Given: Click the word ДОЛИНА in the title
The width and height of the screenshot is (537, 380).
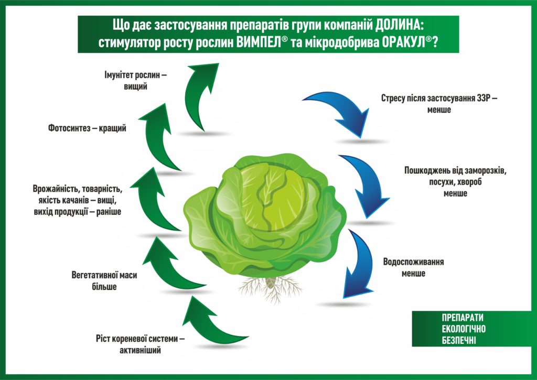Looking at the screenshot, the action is (399, 25).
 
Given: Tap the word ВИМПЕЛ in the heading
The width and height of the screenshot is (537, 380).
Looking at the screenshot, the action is (258, 43).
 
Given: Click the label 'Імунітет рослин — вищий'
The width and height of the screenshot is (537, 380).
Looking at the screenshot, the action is (136, 80).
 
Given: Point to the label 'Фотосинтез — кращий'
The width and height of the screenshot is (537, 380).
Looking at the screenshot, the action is (87, 128).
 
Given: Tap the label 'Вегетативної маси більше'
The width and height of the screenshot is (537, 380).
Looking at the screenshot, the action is (104, 281).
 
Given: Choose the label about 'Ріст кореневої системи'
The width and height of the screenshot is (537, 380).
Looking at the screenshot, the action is (140, 344).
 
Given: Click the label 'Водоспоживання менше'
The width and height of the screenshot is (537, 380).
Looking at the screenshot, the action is (413, 267).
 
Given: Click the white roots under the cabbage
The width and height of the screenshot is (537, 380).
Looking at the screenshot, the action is (270, 289).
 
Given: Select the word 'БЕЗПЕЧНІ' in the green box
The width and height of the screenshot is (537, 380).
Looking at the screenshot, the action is (458, 340).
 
